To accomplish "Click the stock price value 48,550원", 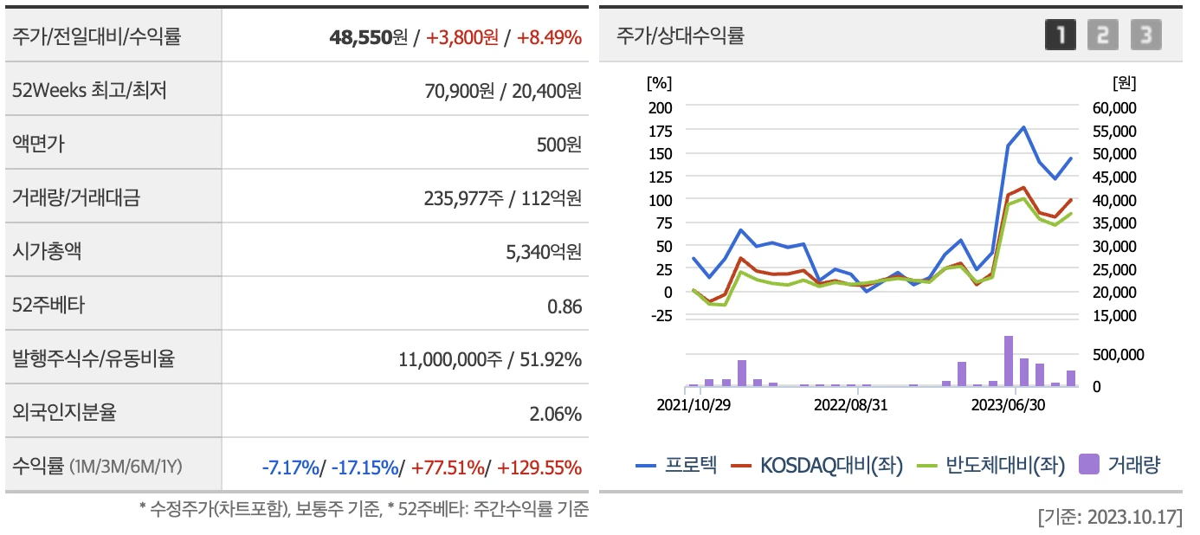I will tap(368, 37).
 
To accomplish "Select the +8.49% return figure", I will tap(549, 37).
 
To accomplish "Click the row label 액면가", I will tap(38, 145).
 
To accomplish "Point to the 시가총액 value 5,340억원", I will tap(541, 252).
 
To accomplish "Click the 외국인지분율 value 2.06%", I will tap(556, 413).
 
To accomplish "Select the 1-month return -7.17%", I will tap(290, 467).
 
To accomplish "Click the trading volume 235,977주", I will tap(463, 198).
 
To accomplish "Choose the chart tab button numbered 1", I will tap(1061, 35).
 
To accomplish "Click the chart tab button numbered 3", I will tap(1145, 35).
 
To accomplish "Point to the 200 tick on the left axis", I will tap(660, 107).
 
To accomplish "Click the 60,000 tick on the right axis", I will tap(1114, 107).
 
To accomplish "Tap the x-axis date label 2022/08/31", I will tap(851, 404).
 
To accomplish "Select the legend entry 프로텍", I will tap(677, 465).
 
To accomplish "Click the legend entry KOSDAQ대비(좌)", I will tap(818, 465).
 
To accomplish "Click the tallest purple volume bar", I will tap(1009, 361).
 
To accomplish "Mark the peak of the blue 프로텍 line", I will tap(1024, 127).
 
